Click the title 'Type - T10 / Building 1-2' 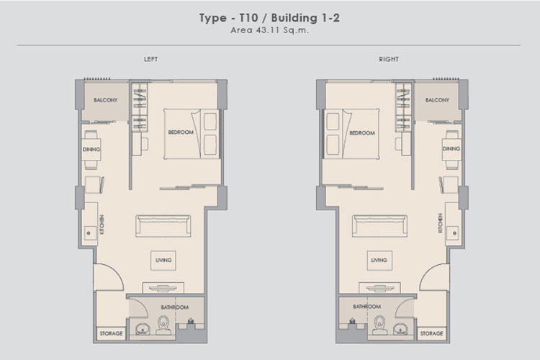tap(269, 18)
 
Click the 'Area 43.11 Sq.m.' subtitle tap(270, 30)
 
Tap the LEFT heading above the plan tap(151, 59)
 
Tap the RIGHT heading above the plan tap(389, 59)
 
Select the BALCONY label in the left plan tap(105, 100)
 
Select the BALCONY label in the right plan tap(437, 100)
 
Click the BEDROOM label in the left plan tap(181, 132)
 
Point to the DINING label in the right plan tap(451, 148)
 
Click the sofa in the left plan tap(163, 226)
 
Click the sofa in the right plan tap(379, 226)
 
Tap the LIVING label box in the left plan tap(163, 260)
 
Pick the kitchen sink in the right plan tap(453, 233)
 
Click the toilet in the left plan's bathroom tap(163, 325)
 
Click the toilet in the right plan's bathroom tap(380, 325)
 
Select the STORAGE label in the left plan tap(111, 333)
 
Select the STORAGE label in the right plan tap(431, 333)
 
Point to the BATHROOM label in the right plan tap(366, 306)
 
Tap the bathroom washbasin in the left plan tap(143, 329)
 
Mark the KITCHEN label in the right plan tap(440, 223)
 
